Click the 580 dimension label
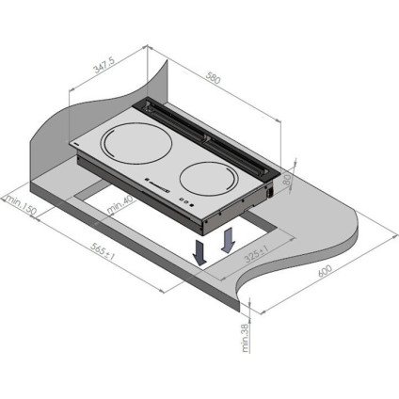[x=214, y=78]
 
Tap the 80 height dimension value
[x=287, y=181]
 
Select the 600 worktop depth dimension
[x=325, y=271]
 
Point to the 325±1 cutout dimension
[x=257, y=254]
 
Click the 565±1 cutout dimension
[x=103, y=251]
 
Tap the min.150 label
[x=21, y=205]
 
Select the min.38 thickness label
[x=246, y=337]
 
